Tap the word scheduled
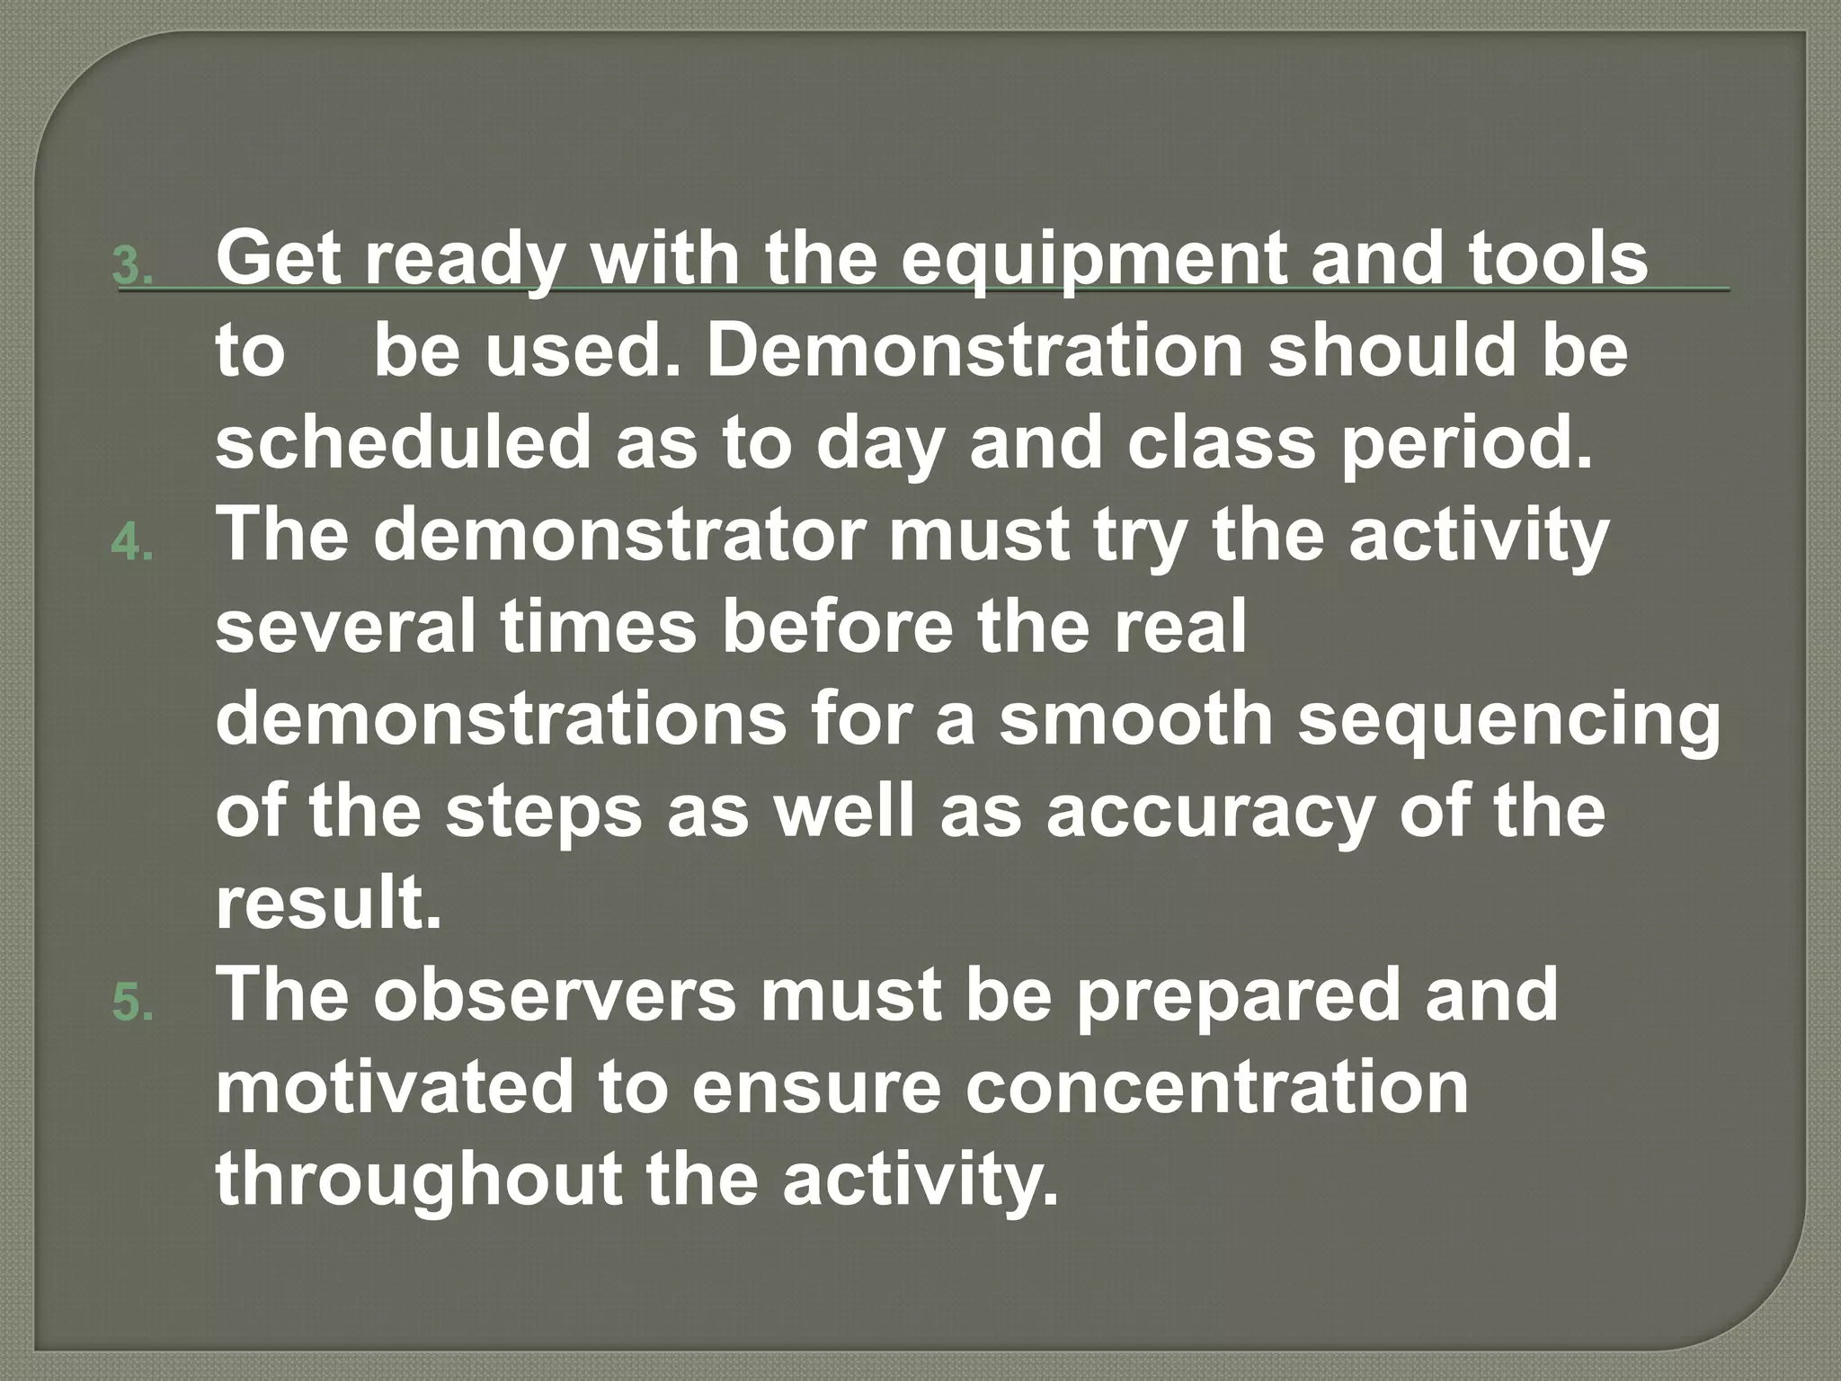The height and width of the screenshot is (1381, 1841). pos(402,443)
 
